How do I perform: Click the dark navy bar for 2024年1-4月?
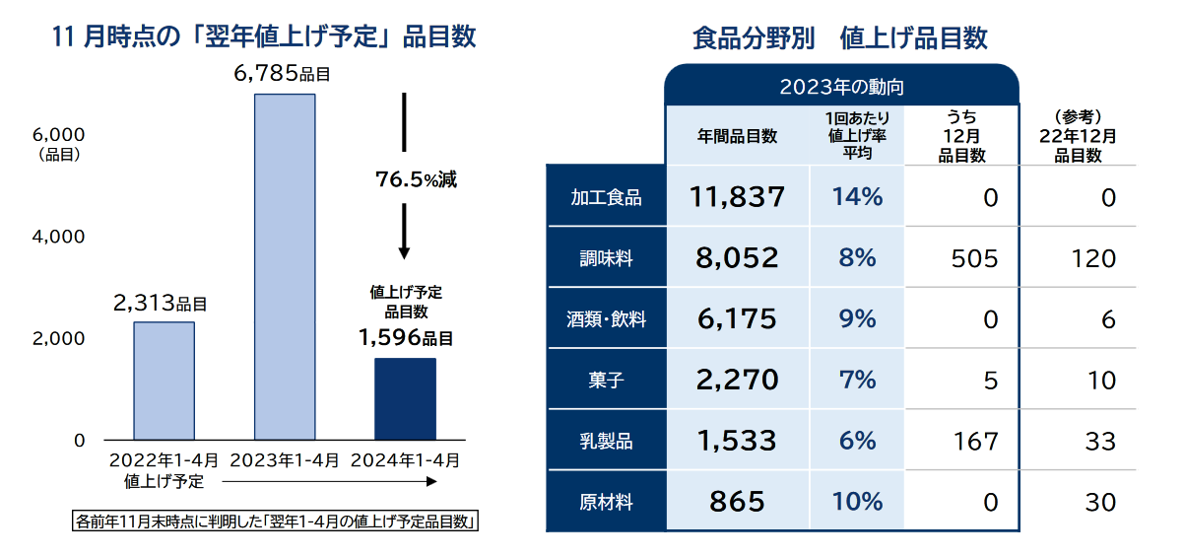click(405, 398)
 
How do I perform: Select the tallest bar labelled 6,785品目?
click(285, 266)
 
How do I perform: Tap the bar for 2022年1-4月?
click(164, 381)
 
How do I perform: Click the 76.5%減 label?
click(416, 180)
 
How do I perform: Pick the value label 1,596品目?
click(406, 338)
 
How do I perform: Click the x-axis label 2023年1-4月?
click(285, 460)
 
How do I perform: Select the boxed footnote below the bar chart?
click(276, 521)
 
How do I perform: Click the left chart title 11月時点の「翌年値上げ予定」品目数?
click(263, 37)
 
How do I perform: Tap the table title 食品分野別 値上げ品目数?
click(840, 38)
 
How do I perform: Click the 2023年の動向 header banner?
click(841, 87)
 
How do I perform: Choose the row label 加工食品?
click(606, 197)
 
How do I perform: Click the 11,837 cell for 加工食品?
click(738, 197)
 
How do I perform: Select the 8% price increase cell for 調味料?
click(856, 258)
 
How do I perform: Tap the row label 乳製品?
click(606, 441)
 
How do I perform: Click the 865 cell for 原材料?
click(737, 501)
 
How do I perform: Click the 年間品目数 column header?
click(738, 136)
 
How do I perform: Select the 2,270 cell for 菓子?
click(737, 380)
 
